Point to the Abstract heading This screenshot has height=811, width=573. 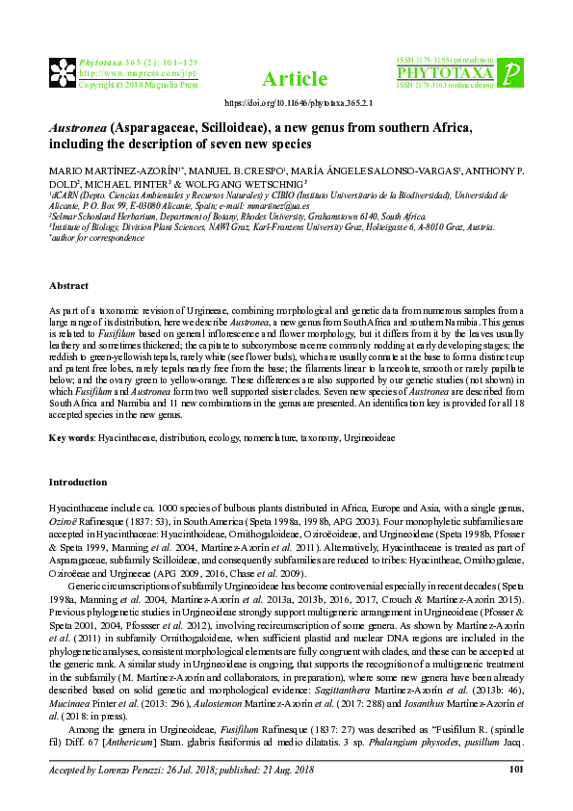tap(68, 286)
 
